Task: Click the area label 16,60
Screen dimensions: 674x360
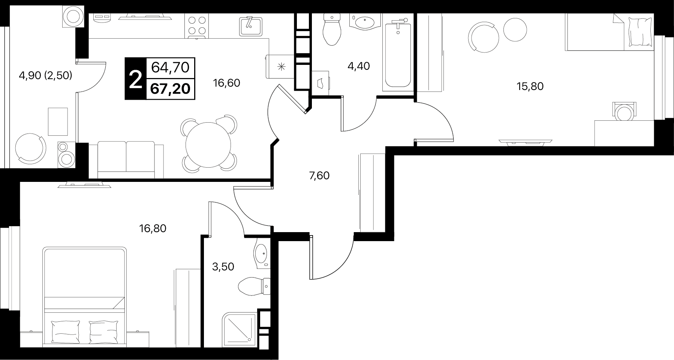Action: [x=226, y=83]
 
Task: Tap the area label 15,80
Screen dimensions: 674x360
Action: [x=530, y=87]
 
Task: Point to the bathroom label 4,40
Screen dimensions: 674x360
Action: [x=359, y=66]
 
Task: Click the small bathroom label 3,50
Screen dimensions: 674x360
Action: [x=223, y=267]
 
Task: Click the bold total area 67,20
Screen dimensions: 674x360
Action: [x=171, y=89]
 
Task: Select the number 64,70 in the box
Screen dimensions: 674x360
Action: [x=171, y=67]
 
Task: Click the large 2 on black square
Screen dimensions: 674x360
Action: [x=135, y=79]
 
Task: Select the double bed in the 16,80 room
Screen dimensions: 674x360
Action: [x=84, y=297]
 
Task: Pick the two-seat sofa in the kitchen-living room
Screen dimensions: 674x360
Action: [x=126, y=160]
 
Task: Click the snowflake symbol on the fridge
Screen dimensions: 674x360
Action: [x=281, y=67]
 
